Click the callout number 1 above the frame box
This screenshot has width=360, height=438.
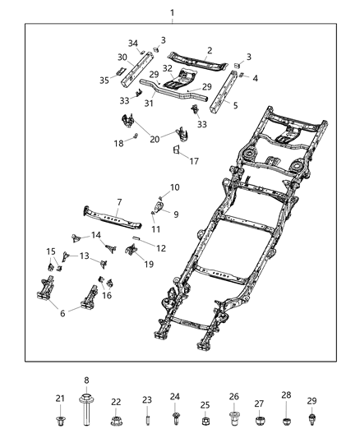(x=172, y=12)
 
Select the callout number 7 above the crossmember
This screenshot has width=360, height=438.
(x=118, y=201)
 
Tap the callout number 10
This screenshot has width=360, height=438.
(x=173, y=188)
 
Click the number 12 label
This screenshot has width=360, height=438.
(x=161, y=248)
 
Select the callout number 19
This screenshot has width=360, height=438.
(x=148, y=264)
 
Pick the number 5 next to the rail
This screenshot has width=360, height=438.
(x=236, y=105)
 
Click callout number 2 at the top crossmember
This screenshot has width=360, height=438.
(x=210, y=51)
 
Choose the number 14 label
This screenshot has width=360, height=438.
(x=96, y=235)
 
